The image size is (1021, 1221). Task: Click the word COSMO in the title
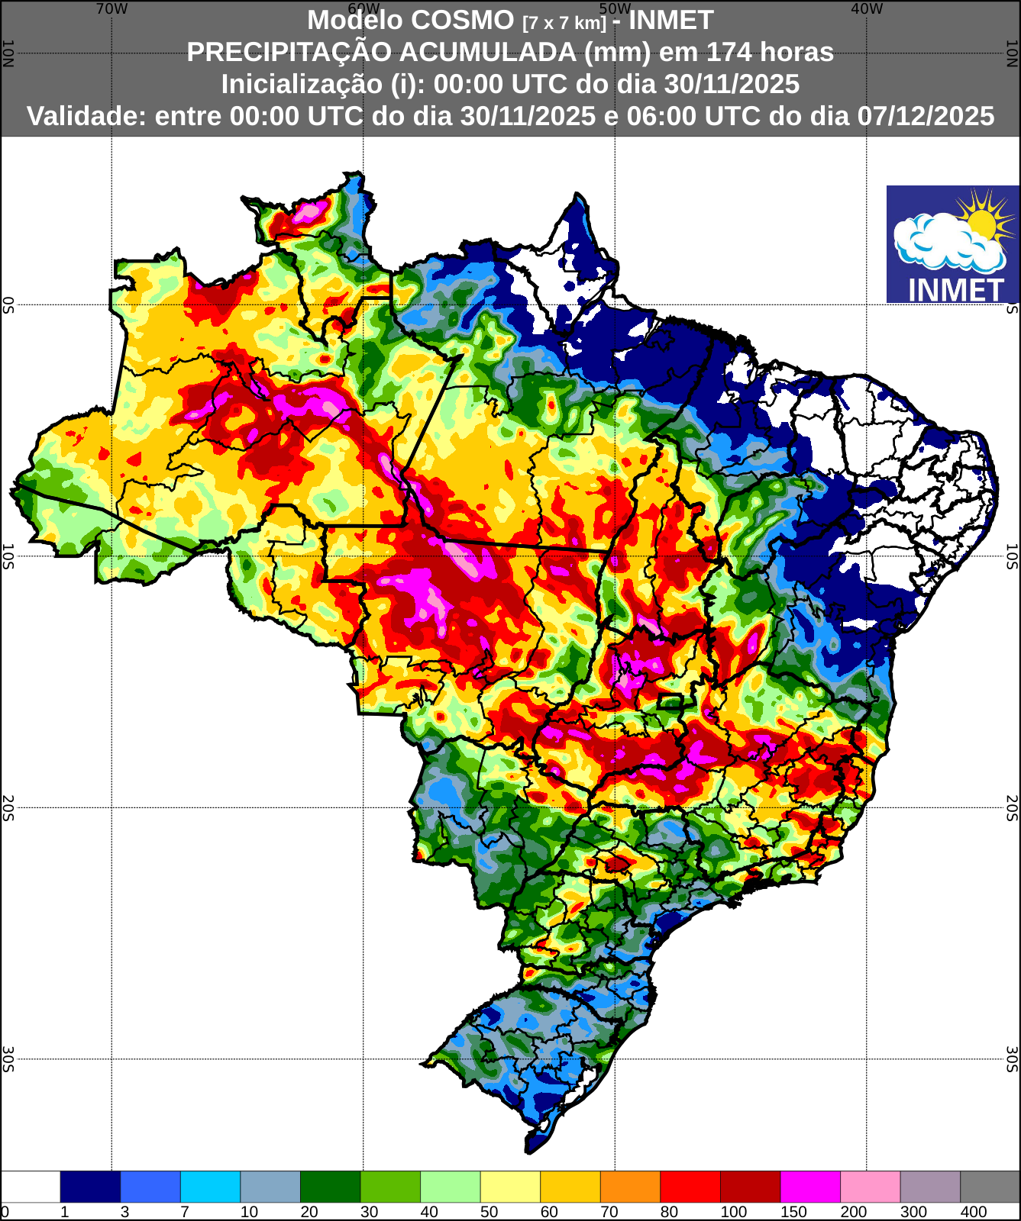tap(466, 20)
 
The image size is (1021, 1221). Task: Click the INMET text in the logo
tap(955, 290)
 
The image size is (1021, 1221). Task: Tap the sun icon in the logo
tap(982, 221)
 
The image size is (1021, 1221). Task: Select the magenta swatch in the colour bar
tap(809, 1187)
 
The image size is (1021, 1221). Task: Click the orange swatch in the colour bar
tap(630, 1187)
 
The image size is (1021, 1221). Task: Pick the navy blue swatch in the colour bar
tap(90, 1187)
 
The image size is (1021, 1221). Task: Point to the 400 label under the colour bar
tap(974, 1212)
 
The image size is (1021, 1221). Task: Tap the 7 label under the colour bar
tap(184, 1212)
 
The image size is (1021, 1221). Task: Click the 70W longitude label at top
tap(111, 9)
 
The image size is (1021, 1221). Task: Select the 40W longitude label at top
tap(867, 9)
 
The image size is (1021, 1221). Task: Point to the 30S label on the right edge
tap(1012, 1059)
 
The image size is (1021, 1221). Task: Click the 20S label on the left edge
tap(8, 807)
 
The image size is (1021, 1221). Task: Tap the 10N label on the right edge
tap(1012, 53)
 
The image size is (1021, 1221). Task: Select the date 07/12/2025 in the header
tap(926, 116)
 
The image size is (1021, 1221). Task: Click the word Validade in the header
tap(86, 116)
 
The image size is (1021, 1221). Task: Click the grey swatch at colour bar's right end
tap(990, 1187)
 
